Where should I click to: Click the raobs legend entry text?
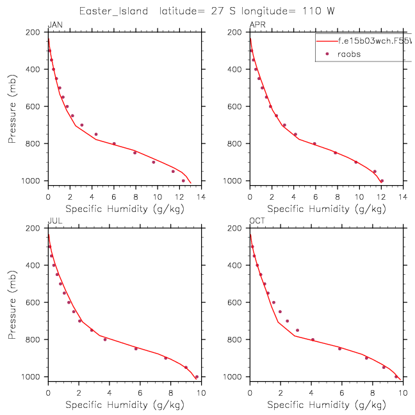pos(349,54)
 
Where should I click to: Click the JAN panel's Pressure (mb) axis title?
pos(13,106)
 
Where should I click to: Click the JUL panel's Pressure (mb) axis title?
pos(13,302)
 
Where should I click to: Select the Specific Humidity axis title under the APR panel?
pos(326,209)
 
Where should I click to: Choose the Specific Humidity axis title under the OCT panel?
pos(326,405)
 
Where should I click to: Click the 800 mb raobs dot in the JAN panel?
pos(114,143)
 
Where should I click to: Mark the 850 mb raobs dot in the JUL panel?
pos(136,348)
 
